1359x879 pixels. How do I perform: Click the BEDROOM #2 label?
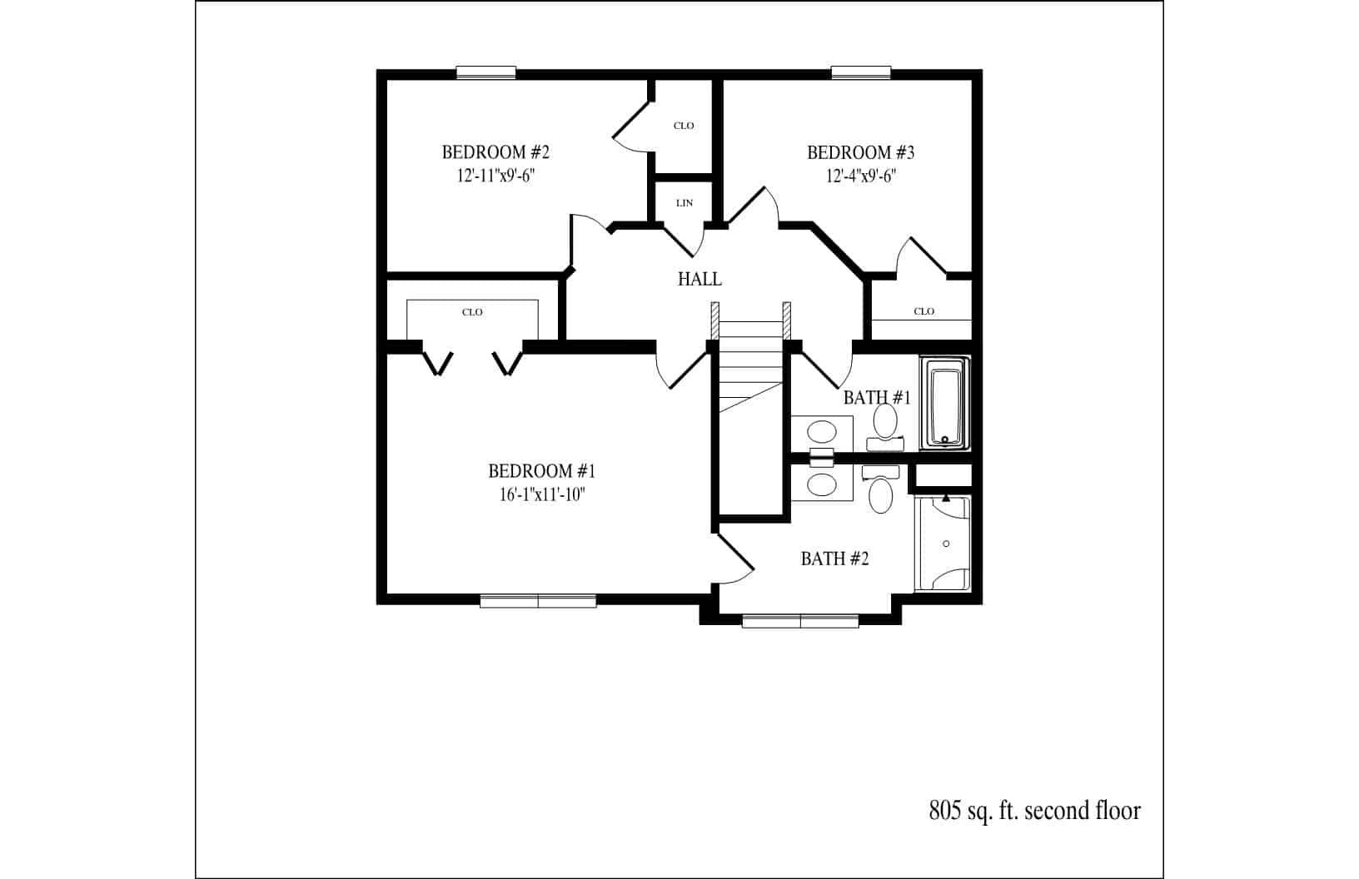[x=495, y=152]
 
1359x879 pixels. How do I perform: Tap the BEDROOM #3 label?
[x=861, y=152]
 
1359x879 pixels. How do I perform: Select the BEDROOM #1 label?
[x=541, y=471]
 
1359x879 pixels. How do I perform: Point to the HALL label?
[x=699, y=279]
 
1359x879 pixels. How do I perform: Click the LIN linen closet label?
[x=684, y=203]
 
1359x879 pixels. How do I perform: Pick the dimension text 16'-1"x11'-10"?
[x=541, y=494]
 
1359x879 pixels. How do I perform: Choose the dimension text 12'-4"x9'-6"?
[x=861, y=176]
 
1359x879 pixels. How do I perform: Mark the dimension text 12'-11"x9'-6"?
[x=495, y=176]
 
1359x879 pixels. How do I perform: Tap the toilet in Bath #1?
[x=884, y=423]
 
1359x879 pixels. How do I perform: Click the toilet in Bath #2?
[x=880, y=493]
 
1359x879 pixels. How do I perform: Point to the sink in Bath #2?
[x=822, y=484]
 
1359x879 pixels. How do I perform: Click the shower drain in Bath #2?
[x=946, y=544]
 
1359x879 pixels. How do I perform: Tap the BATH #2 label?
[x=834, y=559]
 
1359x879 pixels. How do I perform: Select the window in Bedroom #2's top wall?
[x=486, y=72]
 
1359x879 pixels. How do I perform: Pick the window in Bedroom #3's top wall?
[x=861, y=72]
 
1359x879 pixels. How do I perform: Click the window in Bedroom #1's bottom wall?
[x=538, y=600]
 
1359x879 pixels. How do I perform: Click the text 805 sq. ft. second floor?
[x=1034, y=810]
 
